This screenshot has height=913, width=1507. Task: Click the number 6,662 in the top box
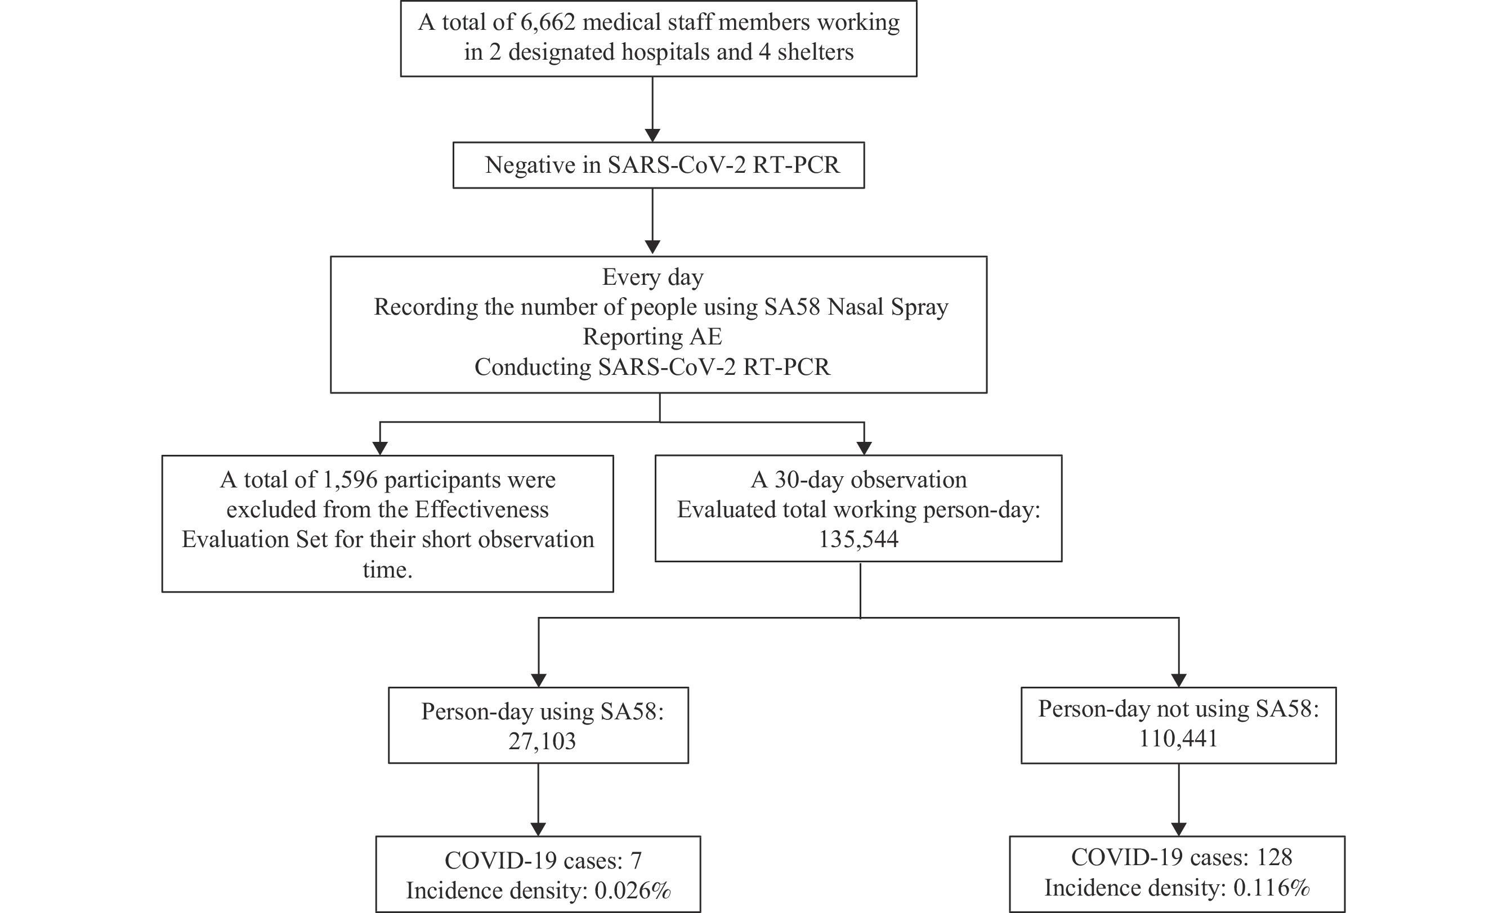[548, 23]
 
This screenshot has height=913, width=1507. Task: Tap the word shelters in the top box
[815, 52]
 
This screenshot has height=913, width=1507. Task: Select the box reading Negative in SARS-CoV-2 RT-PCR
[659, 165]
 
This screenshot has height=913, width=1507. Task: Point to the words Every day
[652, 278]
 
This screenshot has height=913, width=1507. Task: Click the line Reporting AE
[652, 337]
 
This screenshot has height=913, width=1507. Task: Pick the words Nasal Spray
[887, 307]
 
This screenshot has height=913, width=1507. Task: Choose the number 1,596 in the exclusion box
[349, 480]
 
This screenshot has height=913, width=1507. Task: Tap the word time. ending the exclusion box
[387, 570]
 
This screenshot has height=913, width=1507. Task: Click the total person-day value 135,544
[858, 539]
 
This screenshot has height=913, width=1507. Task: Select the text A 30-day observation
[858, 480]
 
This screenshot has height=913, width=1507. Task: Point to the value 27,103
[542, 741]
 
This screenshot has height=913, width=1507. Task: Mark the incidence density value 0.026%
[632, 891]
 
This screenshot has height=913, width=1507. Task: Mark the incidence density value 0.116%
[1271, 888]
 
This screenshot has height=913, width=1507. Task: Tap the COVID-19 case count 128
[1275, 857]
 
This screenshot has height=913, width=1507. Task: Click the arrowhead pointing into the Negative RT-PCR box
[652, 135]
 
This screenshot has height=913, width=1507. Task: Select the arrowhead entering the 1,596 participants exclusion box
[380, 448]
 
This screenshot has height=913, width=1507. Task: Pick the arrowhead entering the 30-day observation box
[864, 448]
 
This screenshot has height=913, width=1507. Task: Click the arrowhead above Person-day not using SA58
[1179, 680]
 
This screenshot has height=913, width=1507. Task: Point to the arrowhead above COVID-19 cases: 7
[538, 829]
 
